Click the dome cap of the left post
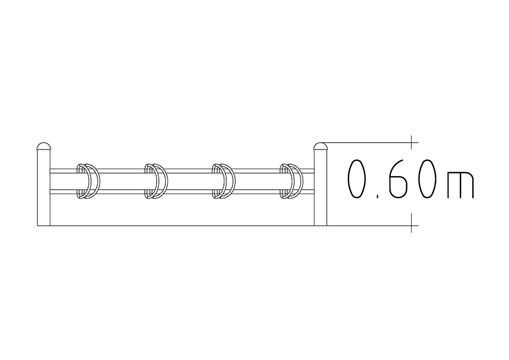coord(44,146)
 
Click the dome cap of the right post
coord(321,146)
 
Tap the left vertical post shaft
coord(44,187)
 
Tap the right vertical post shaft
coord(321,187)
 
